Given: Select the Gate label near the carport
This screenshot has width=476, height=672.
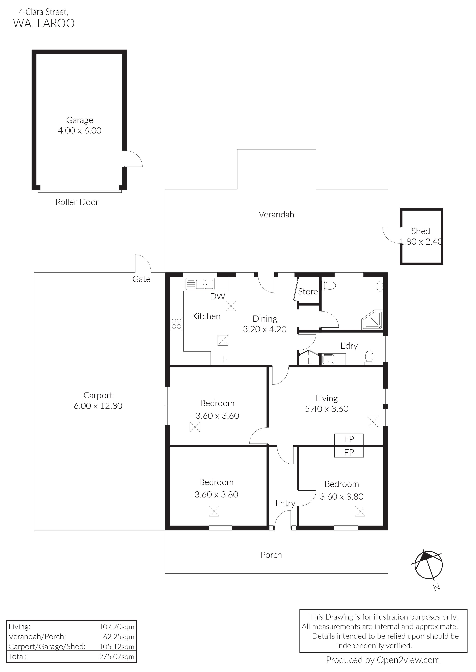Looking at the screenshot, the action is (141, 279).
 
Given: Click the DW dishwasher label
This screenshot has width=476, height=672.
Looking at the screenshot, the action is (218, 297).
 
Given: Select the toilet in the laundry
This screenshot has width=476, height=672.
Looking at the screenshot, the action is (369, 358).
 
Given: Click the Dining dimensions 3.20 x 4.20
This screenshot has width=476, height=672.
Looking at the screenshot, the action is (265, 329).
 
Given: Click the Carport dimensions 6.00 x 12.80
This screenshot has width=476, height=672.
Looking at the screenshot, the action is (98, 406).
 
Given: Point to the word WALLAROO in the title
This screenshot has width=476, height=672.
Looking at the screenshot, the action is (44, 23).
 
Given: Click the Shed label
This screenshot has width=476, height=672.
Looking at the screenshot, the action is (421, 231).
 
